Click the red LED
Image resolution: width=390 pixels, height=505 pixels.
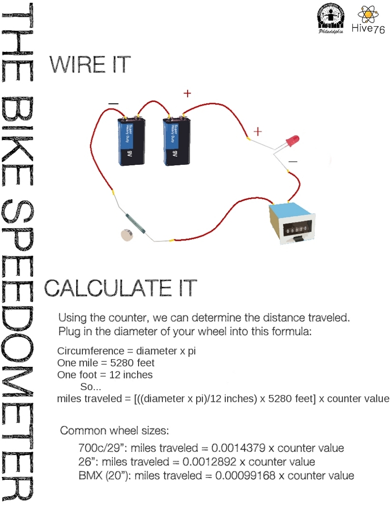(x=292, y=141)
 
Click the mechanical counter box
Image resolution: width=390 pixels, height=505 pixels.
(x=293, y=222)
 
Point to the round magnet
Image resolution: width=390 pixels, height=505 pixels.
(x=127, y=235)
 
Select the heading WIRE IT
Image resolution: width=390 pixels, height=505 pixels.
(x=90, y=65)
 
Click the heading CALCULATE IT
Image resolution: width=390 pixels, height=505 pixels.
(x=121, y=288)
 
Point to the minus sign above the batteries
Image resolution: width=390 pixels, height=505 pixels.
(x=113, y=104)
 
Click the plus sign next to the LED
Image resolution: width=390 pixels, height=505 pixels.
(x=257, y=131)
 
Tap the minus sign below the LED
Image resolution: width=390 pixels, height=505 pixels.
(x=293, y=160)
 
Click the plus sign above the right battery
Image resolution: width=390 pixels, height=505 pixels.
(x=187, y=94)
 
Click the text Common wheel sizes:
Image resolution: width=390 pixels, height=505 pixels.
(x=114, y=430)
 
